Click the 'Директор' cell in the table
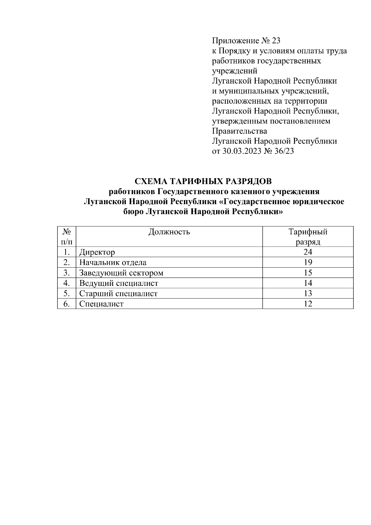coord(97,252)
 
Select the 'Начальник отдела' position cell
coord(113,263)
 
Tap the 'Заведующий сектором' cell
coord(121,273)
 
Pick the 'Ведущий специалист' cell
coord(119,283)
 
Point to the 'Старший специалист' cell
coord(118,293)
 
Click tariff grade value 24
coord(308,252)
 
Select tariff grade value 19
coord(308,263)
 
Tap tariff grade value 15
coord(308,273)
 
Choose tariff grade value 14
coord(308,283)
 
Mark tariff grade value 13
coord(308,293)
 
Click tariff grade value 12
coord(308,304)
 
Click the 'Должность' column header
coord(169,232)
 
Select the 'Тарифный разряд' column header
coord(308,237)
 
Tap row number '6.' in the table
coord(66,304)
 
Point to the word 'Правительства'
coord(240,131)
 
